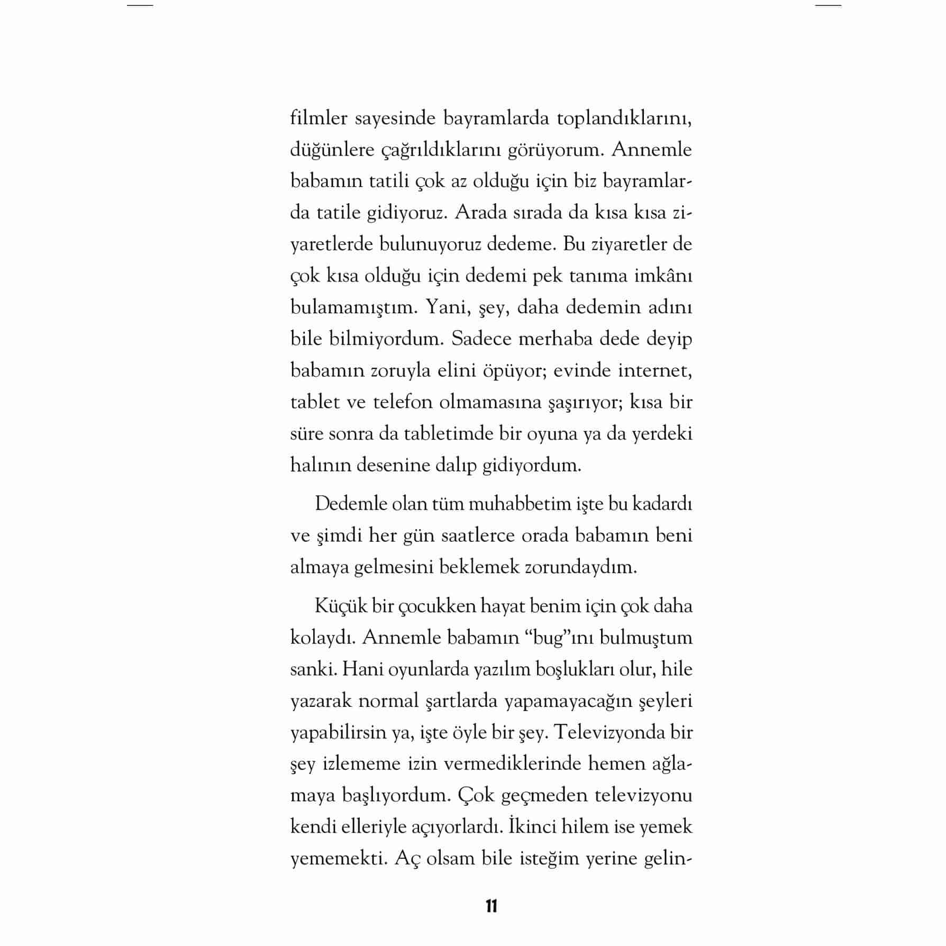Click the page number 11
tap(491, 906)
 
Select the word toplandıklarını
tap(624, 119)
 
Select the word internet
tap(655, 370)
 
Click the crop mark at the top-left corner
tap(140, 5)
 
